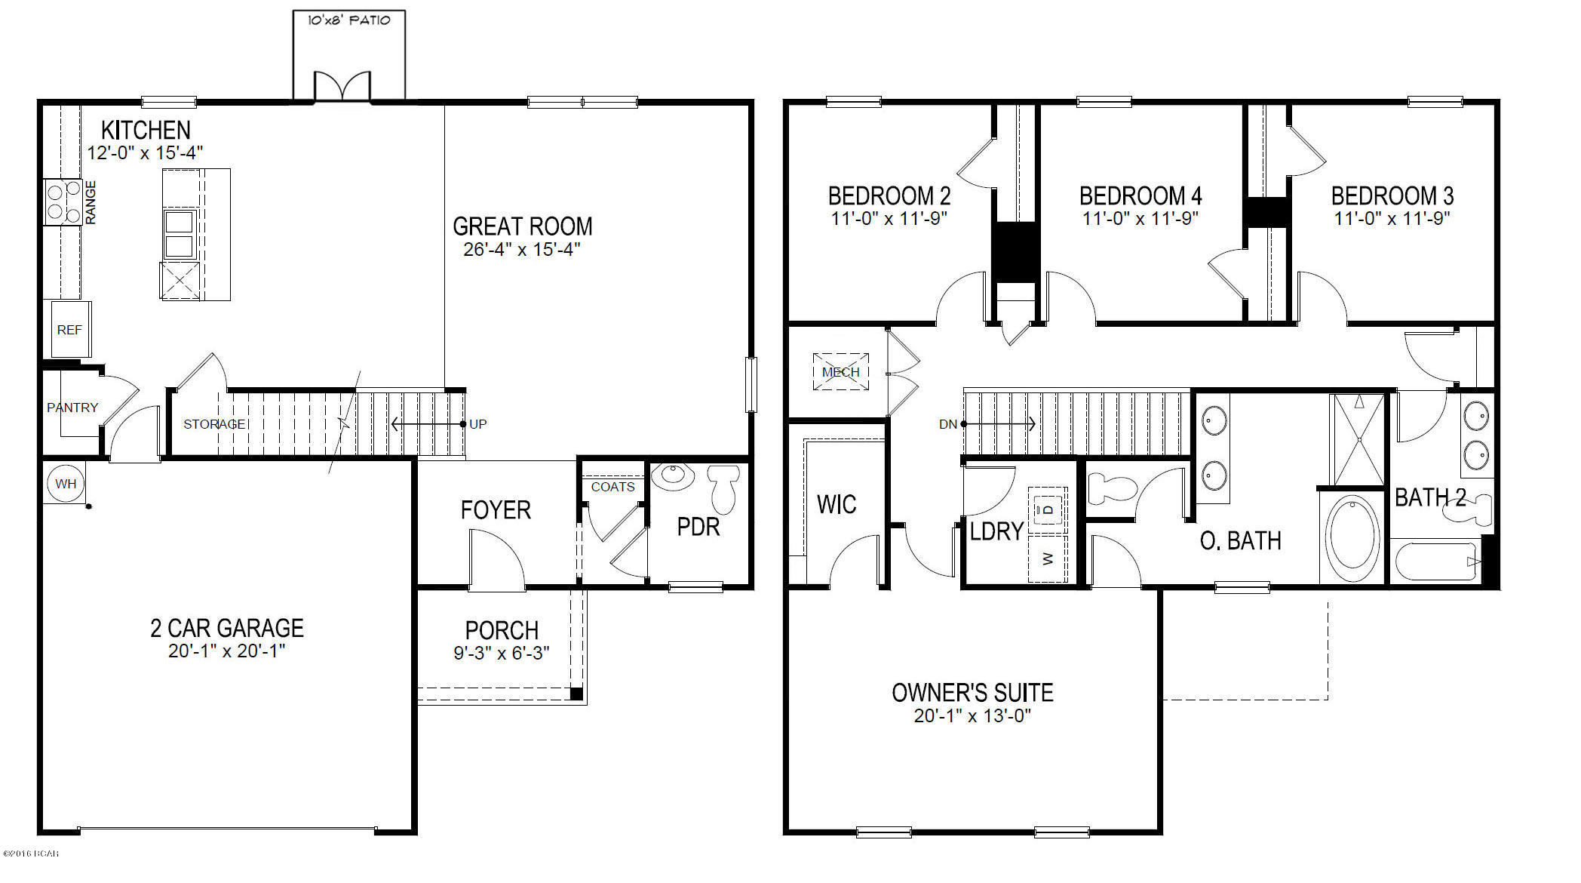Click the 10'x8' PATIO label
coord(348,20)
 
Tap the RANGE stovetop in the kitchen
coord(63,202)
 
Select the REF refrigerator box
coord(70,330)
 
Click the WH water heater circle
coord(66,484)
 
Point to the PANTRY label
coord(72,408)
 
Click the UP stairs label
coord(478,424)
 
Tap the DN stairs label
coord(947,425)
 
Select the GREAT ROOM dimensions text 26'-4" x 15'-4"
coord(522,250)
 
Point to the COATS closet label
coord(612,487)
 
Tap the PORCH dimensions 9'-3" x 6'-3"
coord(502,653)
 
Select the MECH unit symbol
coord(840,372)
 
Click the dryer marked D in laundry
coord(1048,509)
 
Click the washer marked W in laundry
coord(1048,558)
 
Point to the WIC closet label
coord(837,504)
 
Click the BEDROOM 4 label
coord(1140,196)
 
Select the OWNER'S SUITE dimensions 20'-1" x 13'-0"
coord(972,715)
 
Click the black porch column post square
coord(576,694)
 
